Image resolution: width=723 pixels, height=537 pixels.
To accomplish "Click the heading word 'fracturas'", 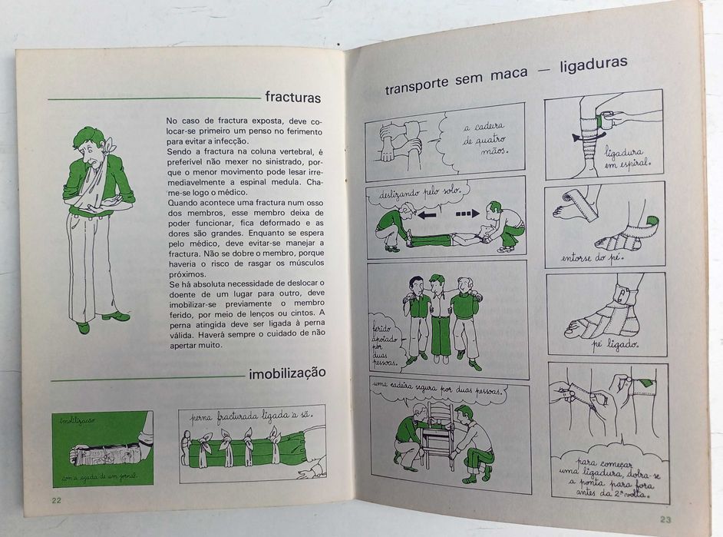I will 292,98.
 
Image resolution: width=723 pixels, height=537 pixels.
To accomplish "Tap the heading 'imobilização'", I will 287,373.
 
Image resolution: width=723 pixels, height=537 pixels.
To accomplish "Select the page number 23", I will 665,519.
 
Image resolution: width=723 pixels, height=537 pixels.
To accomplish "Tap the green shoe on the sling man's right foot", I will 116,315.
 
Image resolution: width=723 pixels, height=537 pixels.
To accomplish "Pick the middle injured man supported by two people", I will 440,315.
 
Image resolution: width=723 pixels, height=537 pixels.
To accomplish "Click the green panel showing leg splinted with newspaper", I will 102,449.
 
